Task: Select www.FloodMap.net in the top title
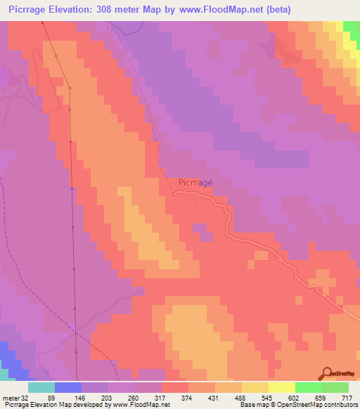[x=218, y=10]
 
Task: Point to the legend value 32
[x=27, y=398]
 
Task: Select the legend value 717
[x=348, y=398]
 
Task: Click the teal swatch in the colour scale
[x=41, y=387]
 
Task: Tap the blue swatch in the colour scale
[x=67, y=387]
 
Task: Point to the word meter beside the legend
[x=10, y=398]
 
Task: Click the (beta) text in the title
[x=276, y=10]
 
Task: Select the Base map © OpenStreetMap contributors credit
[x=297, y=405]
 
